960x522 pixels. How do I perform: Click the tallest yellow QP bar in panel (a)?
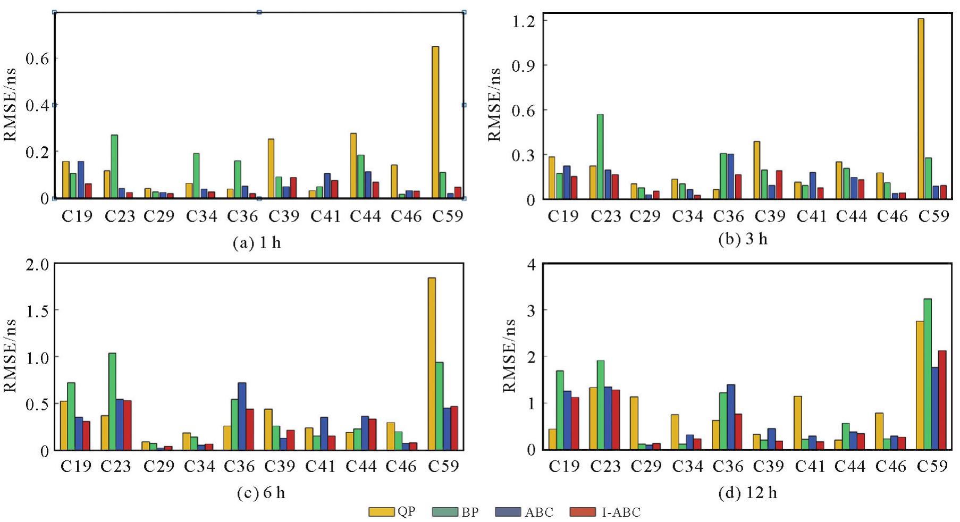coord(435,122)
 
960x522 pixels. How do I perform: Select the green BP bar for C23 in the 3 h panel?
coord(600,157)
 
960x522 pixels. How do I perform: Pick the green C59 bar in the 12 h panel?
coord(928,374)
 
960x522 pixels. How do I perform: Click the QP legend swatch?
coord(381,512)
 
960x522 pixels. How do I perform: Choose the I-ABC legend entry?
coord(605,512)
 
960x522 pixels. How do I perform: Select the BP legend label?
coord(470,512)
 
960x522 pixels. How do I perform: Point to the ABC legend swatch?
coord(508,512)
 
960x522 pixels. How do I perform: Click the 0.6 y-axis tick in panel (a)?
coord(37,58)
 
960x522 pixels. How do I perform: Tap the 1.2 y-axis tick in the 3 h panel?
coord(523,21)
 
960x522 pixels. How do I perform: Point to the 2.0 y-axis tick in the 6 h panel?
coord(37,264)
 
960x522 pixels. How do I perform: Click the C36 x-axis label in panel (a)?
coord(242,216)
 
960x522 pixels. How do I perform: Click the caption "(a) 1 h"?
coord(257,243)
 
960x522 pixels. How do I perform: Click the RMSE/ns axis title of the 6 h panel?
coord(10,356)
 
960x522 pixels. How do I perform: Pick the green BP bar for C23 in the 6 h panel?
coord(112,401)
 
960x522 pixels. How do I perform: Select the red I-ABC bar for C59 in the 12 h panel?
coord(942,400)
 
